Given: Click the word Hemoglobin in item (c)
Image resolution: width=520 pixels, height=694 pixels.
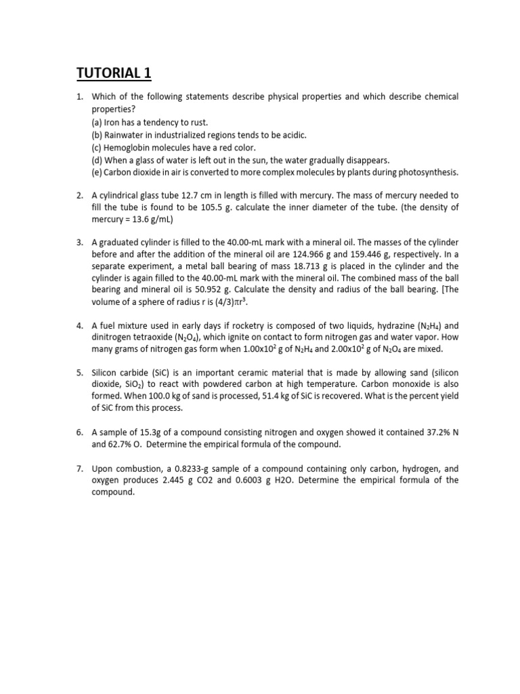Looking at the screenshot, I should coord(125,147).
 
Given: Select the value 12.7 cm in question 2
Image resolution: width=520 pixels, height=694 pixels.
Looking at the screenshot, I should coord(231,195).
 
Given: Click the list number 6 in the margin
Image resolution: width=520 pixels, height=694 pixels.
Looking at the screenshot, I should coord(79,432).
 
